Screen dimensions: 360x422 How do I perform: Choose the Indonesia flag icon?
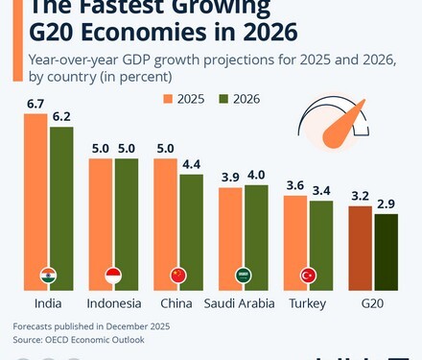tap(113, 276)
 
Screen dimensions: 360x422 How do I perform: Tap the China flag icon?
tap(178, 276)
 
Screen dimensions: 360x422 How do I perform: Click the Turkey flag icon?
tap(309, 276)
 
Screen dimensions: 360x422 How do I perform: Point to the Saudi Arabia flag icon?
tap(244, 276)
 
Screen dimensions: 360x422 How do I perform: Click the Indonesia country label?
tap(113, 303)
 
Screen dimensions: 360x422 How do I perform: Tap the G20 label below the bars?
tap(373, 303)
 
